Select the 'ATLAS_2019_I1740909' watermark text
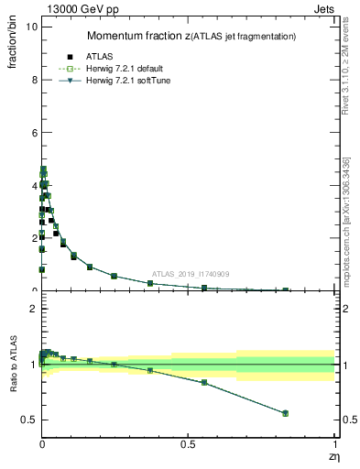191,274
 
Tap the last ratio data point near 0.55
285,413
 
